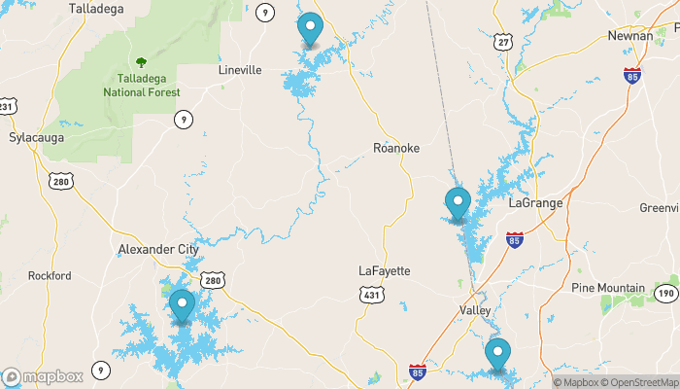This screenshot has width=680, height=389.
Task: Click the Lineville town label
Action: (241, 70)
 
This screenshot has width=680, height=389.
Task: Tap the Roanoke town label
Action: (396, 148)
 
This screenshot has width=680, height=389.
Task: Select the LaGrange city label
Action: (536, 202)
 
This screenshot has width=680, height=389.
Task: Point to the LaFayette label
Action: (385, 270)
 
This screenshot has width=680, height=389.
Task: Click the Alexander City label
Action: (157, 249)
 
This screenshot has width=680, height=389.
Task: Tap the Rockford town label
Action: (50, 275)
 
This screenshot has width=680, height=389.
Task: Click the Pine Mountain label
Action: (608, 288)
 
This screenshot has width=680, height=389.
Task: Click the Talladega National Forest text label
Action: (142, 85)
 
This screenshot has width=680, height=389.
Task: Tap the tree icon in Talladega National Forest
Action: (142, 62)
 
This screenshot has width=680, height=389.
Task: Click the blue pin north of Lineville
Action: (310, 29)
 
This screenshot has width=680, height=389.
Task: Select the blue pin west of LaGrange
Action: (458, 204)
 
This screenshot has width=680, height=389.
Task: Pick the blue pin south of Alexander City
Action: (182, 306)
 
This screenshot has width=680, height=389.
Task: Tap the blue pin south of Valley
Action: (498, 355)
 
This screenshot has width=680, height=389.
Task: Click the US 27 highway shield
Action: (502, 42)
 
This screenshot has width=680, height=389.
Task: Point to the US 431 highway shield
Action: (369, 294)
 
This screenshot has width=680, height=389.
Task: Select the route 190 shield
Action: (665, 293)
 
